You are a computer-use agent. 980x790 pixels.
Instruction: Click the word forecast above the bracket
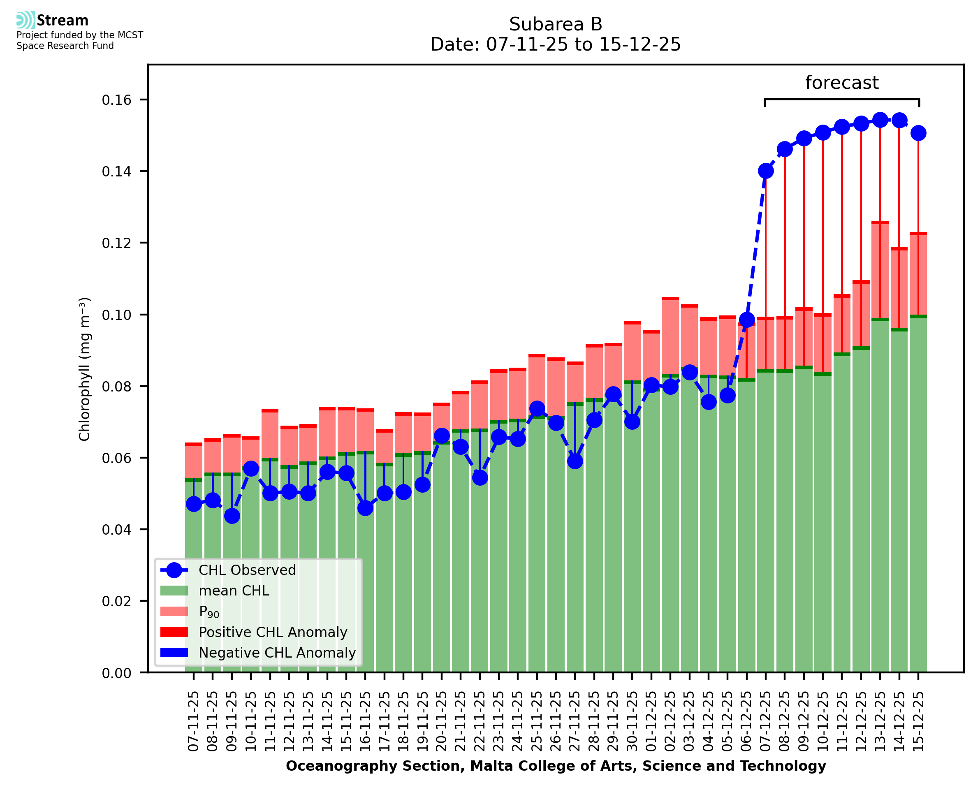click(841, 83)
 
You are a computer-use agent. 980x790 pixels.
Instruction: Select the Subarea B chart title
click(555, 24)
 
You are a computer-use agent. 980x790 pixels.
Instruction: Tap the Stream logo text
click(63, 21)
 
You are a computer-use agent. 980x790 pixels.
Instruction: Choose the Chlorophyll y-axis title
click(85, 369)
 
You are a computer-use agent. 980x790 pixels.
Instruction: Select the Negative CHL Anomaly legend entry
click(277, 653)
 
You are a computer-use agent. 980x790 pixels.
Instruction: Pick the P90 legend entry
click(209, 612)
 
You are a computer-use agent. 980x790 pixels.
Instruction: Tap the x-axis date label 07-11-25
click(194, 721)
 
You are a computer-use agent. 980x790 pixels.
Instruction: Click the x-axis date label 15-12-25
click(918, 721)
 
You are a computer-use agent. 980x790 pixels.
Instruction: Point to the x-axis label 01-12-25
click(651, 721)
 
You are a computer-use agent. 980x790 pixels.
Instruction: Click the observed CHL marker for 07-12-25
click(766, 171)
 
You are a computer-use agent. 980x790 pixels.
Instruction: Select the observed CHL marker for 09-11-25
click(232, 516)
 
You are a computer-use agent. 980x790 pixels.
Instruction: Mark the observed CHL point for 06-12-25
click(746, 320)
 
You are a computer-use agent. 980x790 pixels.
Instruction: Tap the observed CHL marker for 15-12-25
click(918, 133)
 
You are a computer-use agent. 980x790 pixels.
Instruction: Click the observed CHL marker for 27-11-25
click(575, 461)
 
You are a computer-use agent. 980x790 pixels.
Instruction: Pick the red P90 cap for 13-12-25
click(880, 222)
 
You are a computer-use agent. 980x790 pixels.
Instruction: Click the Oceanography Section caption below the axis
click(556, 766)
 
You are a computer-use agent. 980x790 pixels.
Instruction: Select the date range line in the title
click(555, 44)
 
